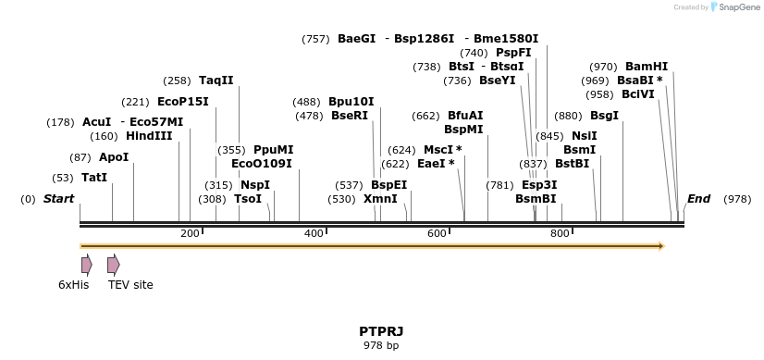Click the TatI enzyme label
tap(94, 178)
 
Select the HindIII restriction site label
tap(149, 136)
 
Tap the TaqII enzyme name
tap(216, 81)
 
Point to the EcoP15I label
tap(183, 102)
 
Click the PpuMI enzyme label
tap(273, 150)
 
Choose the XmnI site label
tap(380, 199)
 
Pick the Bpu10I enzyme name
tap(351, 102)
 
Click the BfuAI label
tap(465, 116)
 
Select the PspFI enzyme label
tap(513, 53)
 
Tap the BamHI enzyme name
tap(647, 67)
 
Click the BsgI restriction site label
tap(604, 116)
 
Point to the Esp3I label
tap(539, 185)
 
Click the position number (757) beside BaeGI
tap(315, 39)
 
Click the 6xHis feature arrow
tap(86, 265)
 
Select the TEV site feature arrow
tap(113, 265)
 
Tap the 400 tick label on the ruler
tap(314, 234)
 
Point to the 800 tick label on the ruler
tap(560, 234)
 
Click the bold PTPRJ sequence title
tap(381, 331)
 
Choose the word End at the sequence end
tap(698, 199)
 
